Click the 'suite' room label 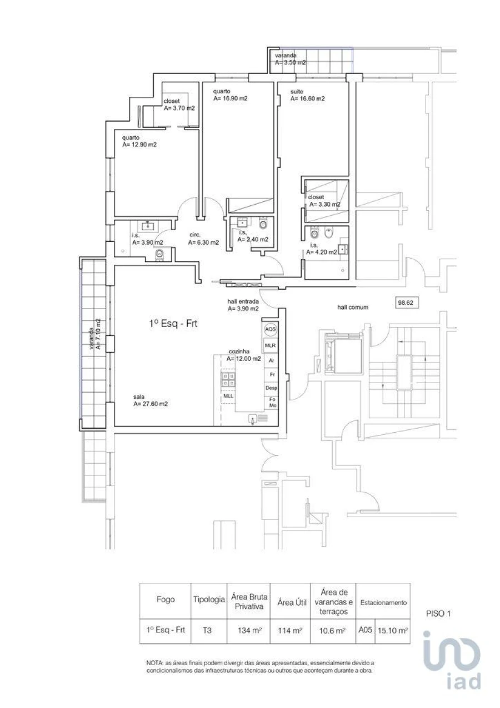(297, 91)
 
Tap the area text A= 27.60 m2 (151, 404)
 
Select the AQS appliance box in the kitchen (271, 329)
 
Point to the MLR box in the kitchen (271, 345)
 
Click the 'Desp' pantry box (271, 388)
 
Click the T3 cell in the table (207, 631)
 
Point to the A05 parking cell (365, 630)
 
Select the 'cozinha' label (237, 352)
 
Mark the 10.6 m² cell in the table (333, 631)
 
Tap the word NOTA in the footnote (154, 664)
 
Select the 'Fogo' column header (165, 600)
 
